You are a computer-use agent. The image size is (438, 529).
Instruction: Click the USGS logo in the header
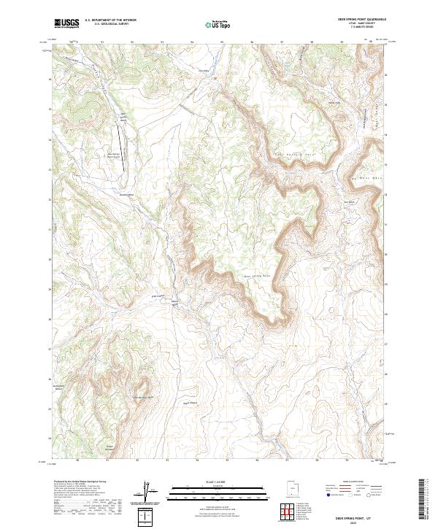pyautogui.click(x=66, y=23)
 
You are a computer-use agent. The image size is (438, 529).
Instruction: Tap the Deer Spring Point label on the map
pyautogui.click(x=256, y=276)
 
